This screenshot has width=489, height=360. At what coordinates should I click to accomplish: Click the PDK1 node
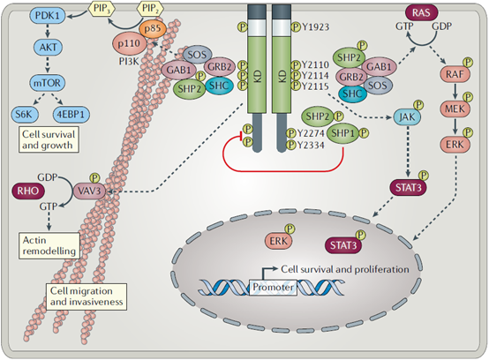coord(48,15)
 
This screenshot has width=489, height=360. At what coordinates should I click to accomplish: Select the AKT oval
coord(48,47)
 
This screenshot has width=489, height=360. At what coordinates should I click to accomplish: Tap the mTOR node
coord(47,83)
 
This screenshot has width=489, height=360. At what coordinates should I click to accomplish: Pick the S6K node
coord(25,115)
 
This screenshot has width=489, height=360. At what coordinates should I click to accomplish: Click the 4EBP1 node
coord(71,115)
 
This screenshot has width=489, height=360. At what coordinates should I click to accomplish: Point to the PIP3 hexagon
coord(102,8)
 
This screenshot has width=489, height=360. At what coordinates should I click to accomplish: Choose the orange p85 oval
coord(153,28)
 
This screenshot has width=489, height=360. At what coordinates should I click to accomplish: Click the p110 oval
coord(129,43)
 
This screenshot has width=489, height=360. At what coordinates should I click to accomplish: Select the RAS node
coord(421,12)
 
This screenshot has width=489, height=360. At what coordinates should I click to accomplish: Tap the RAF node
coord(455,74)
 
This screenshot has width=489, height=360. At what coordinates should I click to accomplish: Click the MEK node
coord(455,109)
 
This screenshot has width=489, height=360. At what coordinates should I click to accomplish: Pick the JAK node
coord(407,116)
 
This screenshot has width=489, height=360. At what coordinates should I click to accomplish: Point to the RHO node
coord(28,191)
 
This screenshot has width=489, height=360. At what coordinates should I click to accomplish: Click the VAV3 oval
coord(89,191)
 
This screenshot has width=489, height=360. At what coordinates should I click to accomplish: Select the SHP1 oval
coord(343,133)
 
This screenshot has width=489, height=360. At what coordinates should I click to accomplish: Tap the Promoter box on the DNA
coord(273,287)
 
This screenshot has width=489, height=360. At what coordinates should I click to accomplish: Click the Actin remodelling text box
coord(49,245)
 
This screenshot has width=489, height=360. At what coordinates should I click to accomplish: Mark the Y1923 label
coord(316,27)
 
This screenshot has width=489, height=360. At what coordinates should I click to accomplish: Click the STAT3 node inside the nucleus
coord(343,245)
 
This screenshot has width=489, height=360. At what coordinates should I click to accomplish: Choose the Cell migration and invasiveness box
coord(87,296)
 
